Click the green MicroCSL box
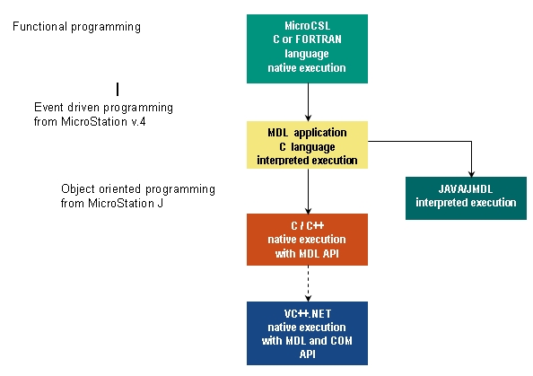tap(307, 48)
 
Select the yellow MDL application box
tap(307, 144)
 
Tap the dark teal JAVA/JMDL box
tap(466, 198)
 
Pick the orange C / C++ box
tap(307, 240)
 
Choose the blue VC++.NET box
tap(307, 333)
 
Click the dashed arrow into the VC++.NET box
tap(308, 284)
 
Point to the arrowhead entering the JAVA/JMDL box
tap(471, 174)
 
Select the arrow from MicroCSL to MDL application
tap(308, 102)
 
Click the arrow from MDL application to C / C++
tap(308, 191)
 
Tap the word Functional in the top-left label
tap(39, 27)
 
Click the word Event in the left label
tap(49, 107)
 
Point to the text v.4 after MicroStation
tap(138, 121)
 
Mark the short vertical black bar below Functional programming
tap(118, 90)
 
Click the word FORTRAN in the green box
tap(319, 39)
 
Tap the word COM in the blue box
tap(341, 341)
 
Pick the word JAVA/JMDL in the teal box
tap(466, 189)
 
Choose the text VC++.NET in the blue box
tap(308, 313)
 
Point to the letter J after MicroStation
tap(160, 203)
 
